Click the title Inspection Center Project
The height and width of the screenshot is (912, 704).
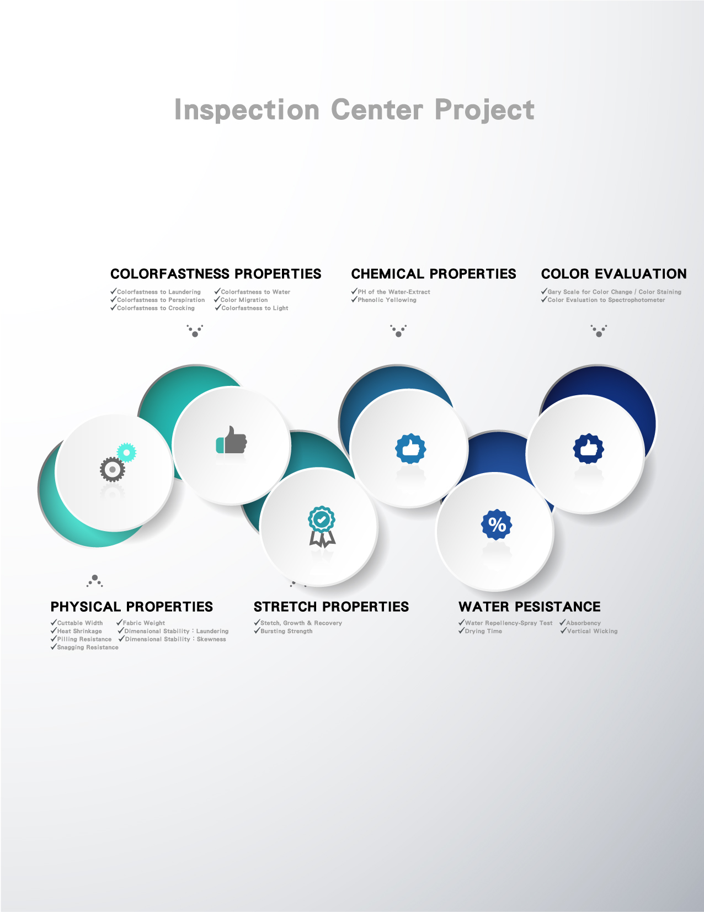point(354,110)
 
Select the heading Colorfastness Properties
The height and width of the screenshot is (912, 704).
point(216,274)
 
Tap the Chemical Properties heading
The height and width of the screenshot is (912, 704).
point(434,274)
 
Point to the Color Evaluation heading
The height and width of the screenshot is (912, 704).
point(614,274)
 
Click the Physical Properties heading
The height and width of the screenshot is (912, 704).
point(132,607)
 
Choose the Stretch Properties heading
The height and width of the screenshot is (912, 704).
point(331,607)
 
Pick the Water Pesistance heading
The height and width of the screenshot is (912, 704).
point(530,607)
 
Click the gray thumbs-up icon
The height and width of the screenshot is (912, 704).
point(232,440)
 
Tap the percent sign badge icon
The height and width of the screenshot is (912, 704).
point(497,524)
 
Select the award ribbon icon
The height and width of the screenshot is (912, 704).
point(322,527)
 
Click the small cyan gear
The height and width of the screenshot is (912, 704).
point(126,453)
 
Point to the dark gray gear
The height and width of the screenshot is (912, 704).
point(112,469)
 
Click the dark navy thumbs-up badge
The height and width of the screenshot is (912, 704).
point(589,448)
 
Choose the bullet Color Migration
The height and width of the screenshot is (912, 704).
point(241,300)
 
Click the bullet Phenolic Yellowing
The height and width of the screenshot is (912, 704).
point(383,300)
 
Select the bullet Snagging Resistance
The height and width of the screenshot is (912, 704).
point(85,647)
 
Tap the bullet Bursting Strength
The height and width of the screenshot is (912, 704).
point(283,631)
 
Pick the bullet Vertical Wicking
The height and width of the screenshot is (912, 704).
point(589,631)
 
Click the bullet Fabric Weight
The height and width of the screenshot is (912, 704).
point(141,623)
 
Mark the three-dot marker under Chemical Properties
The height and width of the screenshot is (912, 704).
point(398,331)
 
